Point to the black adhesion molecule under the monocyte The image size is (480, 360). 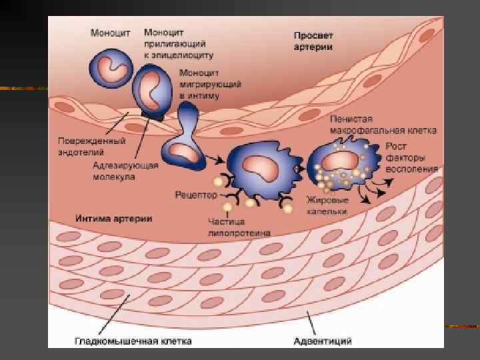click(154, 117)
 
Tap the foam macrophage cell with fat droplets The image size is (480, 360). click(341, 166)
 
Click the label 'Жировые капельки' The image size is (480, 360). click(328, 204)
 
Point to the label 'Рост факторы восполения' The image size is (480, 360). click(411, 157)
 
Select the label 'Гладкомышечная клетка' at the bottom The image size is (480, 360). click(133, 341)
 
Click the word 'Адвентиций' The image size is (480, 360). click(323, 341)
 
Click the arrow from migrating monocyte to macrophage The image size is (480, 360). click(215, 159)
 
